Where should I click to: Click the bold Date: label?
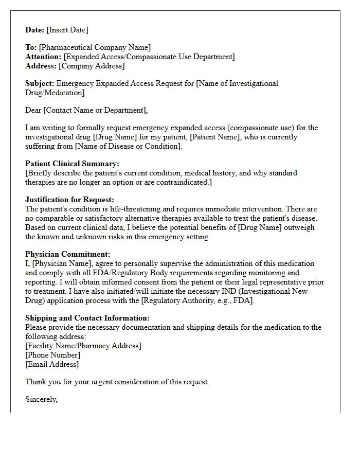[x=35, y=30]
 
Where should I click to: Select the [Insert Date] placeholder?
[x=67, y=30]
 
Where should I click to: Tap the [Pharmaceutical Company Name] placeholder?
[x=95, y=47]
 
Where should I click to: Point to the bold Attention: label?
[x=43, y=57]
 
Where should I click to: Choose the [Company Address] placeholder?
[x=92, y=66]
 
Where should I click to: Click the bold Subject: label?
[x=40, y=83]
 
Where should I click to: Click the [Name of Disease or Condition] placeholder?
[x=129, y=146]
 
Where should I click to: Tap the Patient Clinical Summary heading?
[x=72, y=164]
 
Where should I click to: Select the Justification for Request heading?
[x=69, y=200]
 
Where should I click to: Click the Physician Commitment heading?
[x=68, y=254]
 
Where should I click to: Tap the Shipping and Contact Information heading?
[x=87, y=318]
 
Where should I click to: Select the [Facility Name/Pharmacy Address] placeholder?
[x=83, y=346]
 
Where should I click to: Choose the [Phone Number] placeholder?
[x=52, y=355]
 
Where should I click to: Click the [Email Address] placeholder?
[x=52, y=364]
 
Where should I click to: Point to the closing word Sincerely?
[x=41, y=399]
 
